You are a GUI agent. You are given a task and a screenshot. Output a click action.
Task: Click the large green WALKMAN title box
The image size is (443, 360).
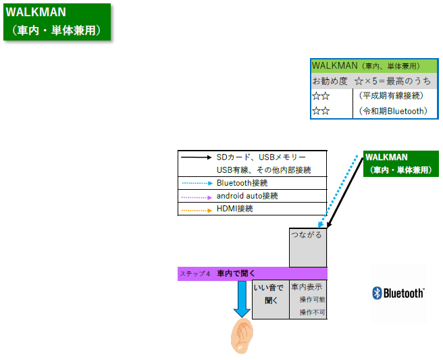(x=57, y=22)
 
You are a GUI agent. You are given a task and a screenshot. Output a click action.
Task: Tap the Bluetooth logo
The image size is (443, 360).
(x=398, y=293)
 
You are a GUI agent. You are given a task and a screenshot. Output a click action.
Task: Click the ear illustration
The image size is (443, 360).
(x=242, y=336)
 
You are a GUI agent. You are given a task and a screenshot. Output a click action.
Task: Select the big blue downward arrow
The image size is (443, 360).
(x=242, y=299)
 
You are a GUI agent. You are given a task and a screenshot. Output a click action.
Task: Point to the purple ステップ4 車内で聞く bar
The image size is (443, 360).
(x=253, y=274)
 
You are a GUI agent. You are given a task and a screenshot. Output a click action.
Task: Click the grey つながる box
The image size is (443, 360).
(x=308, y=247)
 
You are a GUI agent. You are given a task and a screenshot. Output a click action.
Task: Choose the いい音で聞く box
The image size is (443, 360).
(x=270, y=299)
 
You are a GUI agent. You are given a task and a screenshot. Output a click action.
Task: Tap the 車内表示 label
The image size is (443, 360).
(x=307, y=287)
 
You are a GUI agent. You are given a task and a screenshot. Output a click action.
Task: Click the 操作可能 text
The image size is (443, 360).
(x=312, y=299)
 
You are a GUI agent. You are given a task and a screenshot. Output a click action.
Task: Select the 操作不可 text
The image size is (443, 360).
(x=312, y=312)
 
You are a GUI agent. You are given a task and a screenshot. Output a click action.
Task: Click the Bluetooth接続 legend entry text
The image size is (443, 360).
(x=242, y=183)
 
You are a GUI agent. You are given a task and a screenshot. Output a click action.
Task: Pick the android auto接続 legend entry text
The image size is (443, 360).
(x=247, y=196)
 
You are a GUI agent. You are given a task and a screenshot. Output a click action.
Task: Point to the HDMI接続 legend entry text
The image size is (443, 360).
(x=234, y=209)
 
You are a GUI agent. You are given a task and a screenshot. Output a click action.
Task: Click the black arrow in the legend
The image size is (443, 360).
(x=197, y=157)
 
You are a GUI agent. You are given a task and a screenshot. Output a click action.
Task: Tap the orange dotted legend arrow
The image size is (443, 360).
(x=197, y=210)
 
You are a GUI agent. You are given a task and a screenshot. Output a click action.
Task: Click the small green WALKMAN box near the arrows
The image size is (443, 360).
(x=401, y=163)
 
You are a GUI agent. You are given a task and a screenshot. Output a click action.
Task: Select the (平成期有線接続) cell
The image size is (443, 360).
(x=391, y=96)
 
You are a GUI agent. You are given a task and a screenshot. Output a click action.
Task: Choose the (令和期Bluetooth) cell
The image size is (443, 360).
(x=393, y=111)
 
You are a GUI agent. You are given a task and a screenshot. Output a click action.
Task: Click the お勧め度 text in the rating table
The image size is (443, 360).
(x=330, y=81)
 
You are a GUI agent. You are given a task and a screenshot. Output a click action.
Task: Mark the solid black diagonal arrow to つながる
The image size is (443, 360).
(x=344, y=192)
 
